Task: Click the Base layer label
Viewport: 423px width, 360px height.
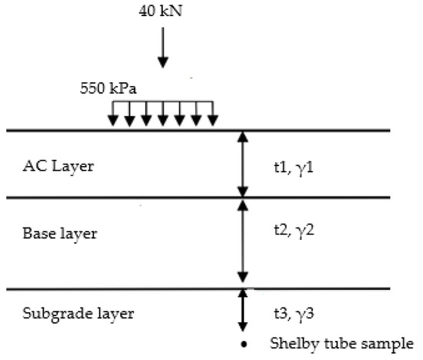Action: (x=59, y=234)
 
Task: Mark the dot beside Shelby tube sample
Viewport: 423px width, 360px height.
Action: (x=243, y=343)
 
